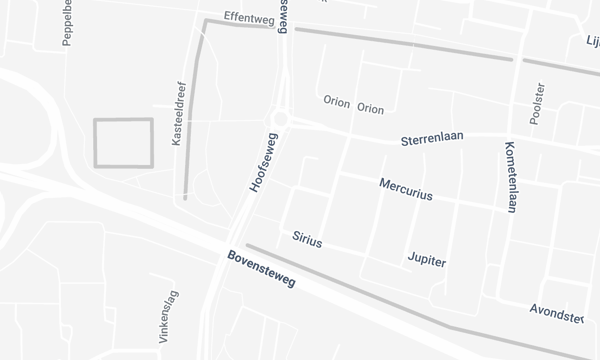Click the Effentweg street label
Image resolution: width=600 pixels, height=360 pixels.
coord(249,17)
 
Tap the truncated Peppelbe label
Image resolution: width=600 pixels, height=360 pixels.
coord(68,22)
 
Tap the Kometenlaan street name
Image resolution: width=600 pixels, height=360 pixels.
coord(510,176)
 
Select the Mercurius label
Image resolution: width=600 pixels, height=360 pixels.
coord(406,190)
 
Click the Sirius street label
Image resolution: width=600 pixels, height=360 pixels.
coord(307,240)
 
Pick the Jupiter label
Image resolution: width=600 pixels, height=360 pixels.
coord(427,260)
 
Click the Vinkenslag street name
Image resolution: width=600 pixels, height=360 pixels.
coord(165,319)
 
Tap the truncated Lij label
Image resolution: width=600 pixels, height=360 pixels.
coord(591,41)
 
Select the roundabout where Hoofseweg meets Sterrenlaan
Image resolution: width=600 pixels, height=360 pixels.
coord(282,119)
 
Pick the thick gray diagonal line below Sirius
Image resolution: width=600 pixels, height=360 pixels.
coord(350,288)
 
